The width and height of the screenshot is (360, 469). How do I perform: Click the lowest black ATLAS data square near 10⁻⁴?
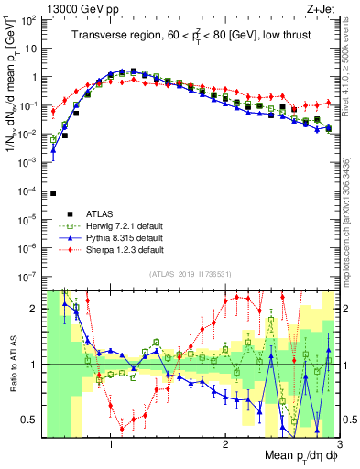(53, 193)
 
